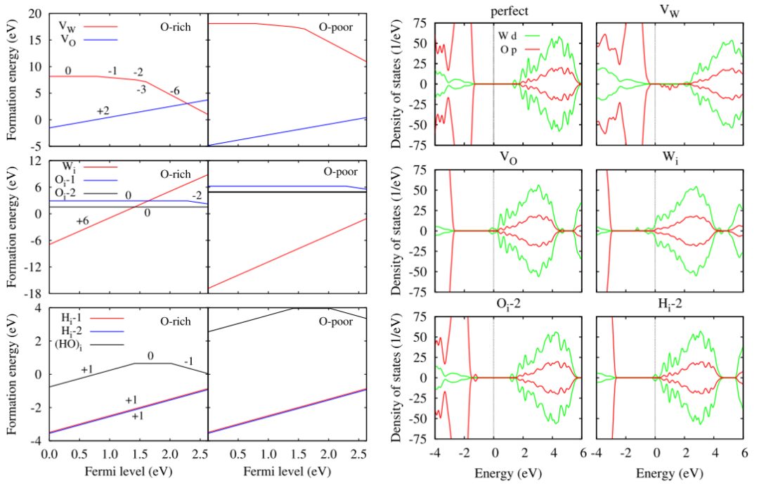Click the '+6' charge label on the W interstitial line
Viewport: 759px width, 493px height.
coord(83,221)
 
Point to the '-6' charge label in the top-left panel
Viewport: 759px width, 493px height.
coord(173,91)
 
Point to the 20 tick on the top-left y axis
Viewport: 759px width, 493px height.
coord(35,14)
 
